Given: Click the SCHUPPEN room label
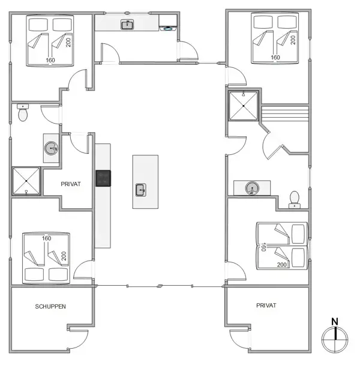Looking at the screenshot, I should click(x=50, y=306).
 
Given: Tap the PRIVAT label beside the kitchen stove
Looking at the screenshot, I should click(x=71, y=185).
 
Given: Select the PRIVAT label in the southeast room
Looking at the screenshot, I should click(x=266, y=306).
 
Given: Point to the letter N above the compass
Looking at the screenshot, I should click(x=335, y=321).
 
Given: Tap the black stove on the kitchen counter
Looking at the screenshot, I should click(x=103, y=178).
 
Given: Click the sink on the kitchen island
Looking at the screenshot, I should click(x=141, y=190).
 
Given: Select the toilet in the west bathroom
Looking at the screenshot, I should click(x=23, y=113).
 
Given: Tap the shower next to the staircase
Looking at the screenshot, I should click(x=243, y=105).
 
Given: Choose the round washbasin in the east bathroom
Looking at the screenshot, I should click(x=252, y=189).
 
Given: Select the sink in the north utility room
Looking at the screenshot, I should click(x=127, y=25).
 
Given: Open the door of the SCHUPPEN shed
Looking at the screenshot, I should click(x=78, y=334).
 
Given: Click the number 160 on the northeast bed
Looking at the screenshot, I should click(x=275, y=58).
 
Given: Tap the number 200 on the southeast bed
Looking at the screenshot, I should click(x=281, y=264).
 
